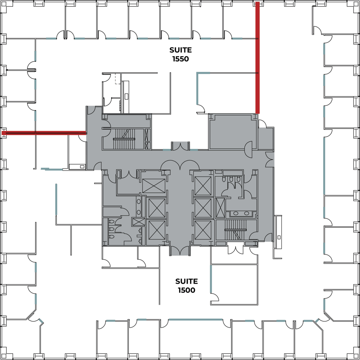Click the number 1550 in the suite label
181,59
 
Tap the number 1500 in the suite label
186,290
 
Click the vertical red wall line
257,58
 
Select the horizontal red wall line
44,133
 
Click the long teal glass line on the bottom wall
196,189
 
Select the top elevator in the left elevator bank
154,186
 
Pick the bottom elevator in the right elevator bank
203,230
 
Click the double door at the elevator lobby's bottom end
180,251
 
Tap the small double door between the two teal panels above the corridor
181,146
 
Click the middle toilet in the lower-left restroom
111,229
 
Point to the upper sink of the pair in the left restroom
139,202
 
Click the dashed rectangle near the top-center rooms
118,79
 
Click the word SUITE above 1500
186,281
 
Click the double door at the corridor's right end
270,159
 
